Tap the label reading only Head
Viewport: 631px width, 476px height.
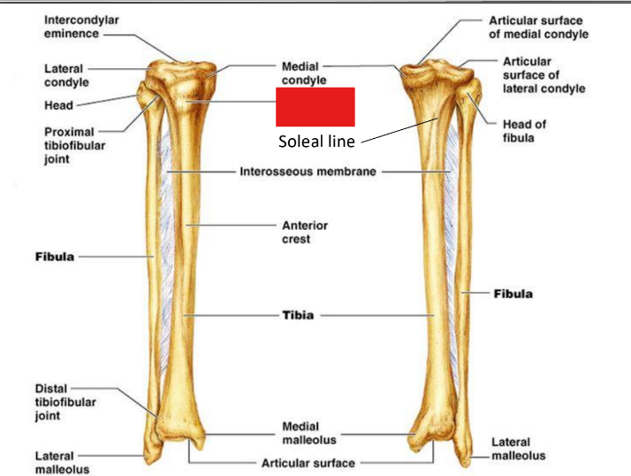coord(58,105)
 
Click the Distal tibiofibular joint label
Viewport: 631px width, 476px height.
coord(65,403)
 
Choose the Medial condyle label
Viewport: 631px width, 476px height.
coord(303,73)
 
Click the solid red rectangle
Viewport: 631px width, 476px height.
coord(315,107)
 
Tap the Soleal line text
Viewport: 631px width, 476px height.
coord(315,141)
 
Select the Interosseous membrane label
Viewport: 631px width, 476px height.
coord(308,172)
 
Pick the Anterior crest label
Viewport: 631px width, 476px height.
coord(299,232)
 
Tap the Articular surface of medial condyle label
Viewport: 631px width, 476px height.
coord(538,27)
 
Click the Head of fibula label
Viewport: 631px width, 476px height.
coord(524,131)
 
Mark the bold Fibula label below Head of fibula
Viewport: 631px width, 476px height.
coord(513,294)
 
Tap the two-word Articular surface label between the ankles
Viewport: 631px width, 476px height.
coord(308,463)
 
